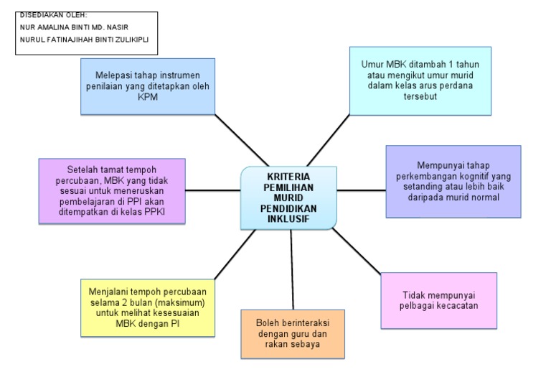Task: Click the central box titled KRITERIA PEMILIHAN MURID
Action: [x=288, y=198]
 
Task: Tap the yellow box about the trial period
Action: [x=146, y=307]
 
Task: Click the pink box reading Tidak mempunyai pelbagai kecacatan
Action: [x=438, y=300]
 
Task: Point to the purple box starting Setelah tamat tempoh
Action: [x=111, y=190]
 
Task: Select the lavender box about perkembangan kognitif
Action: [x=453, y=180]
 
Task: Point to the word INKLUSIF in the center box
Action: [x=288, y=218]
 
